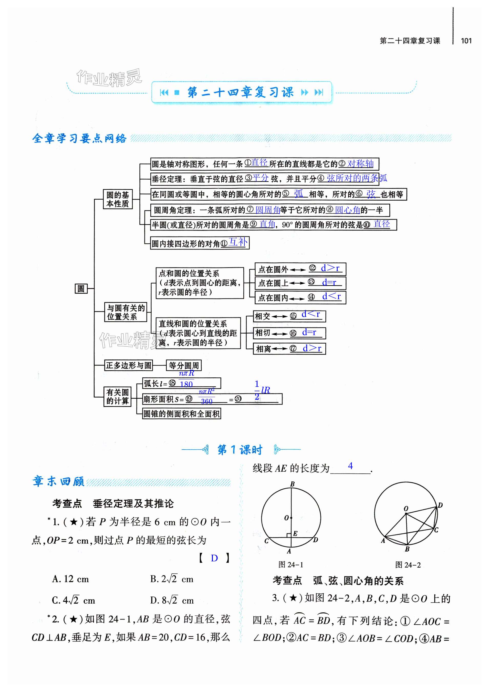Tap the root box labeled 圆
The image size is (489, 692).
81,288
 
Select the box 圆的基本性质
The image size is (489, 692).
118,199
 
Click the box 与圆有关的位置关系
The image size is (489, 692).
126,312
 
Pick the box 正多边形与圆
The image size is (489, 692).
128,366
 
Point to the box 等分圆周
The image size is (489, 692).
184,366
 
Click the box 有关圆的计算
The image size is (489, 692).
117,397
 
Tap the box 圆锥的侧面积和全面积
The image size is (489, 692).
181,414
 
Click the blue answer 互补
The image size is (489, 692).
238,242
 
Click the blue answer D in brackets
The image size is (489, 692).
214,558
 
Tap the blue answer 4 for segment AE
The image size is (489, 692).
350,466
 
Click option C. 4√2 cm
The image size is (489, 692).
74,600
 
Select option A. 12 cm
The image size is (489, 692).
70,579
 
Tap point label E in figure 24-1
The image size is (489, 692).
295,533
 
